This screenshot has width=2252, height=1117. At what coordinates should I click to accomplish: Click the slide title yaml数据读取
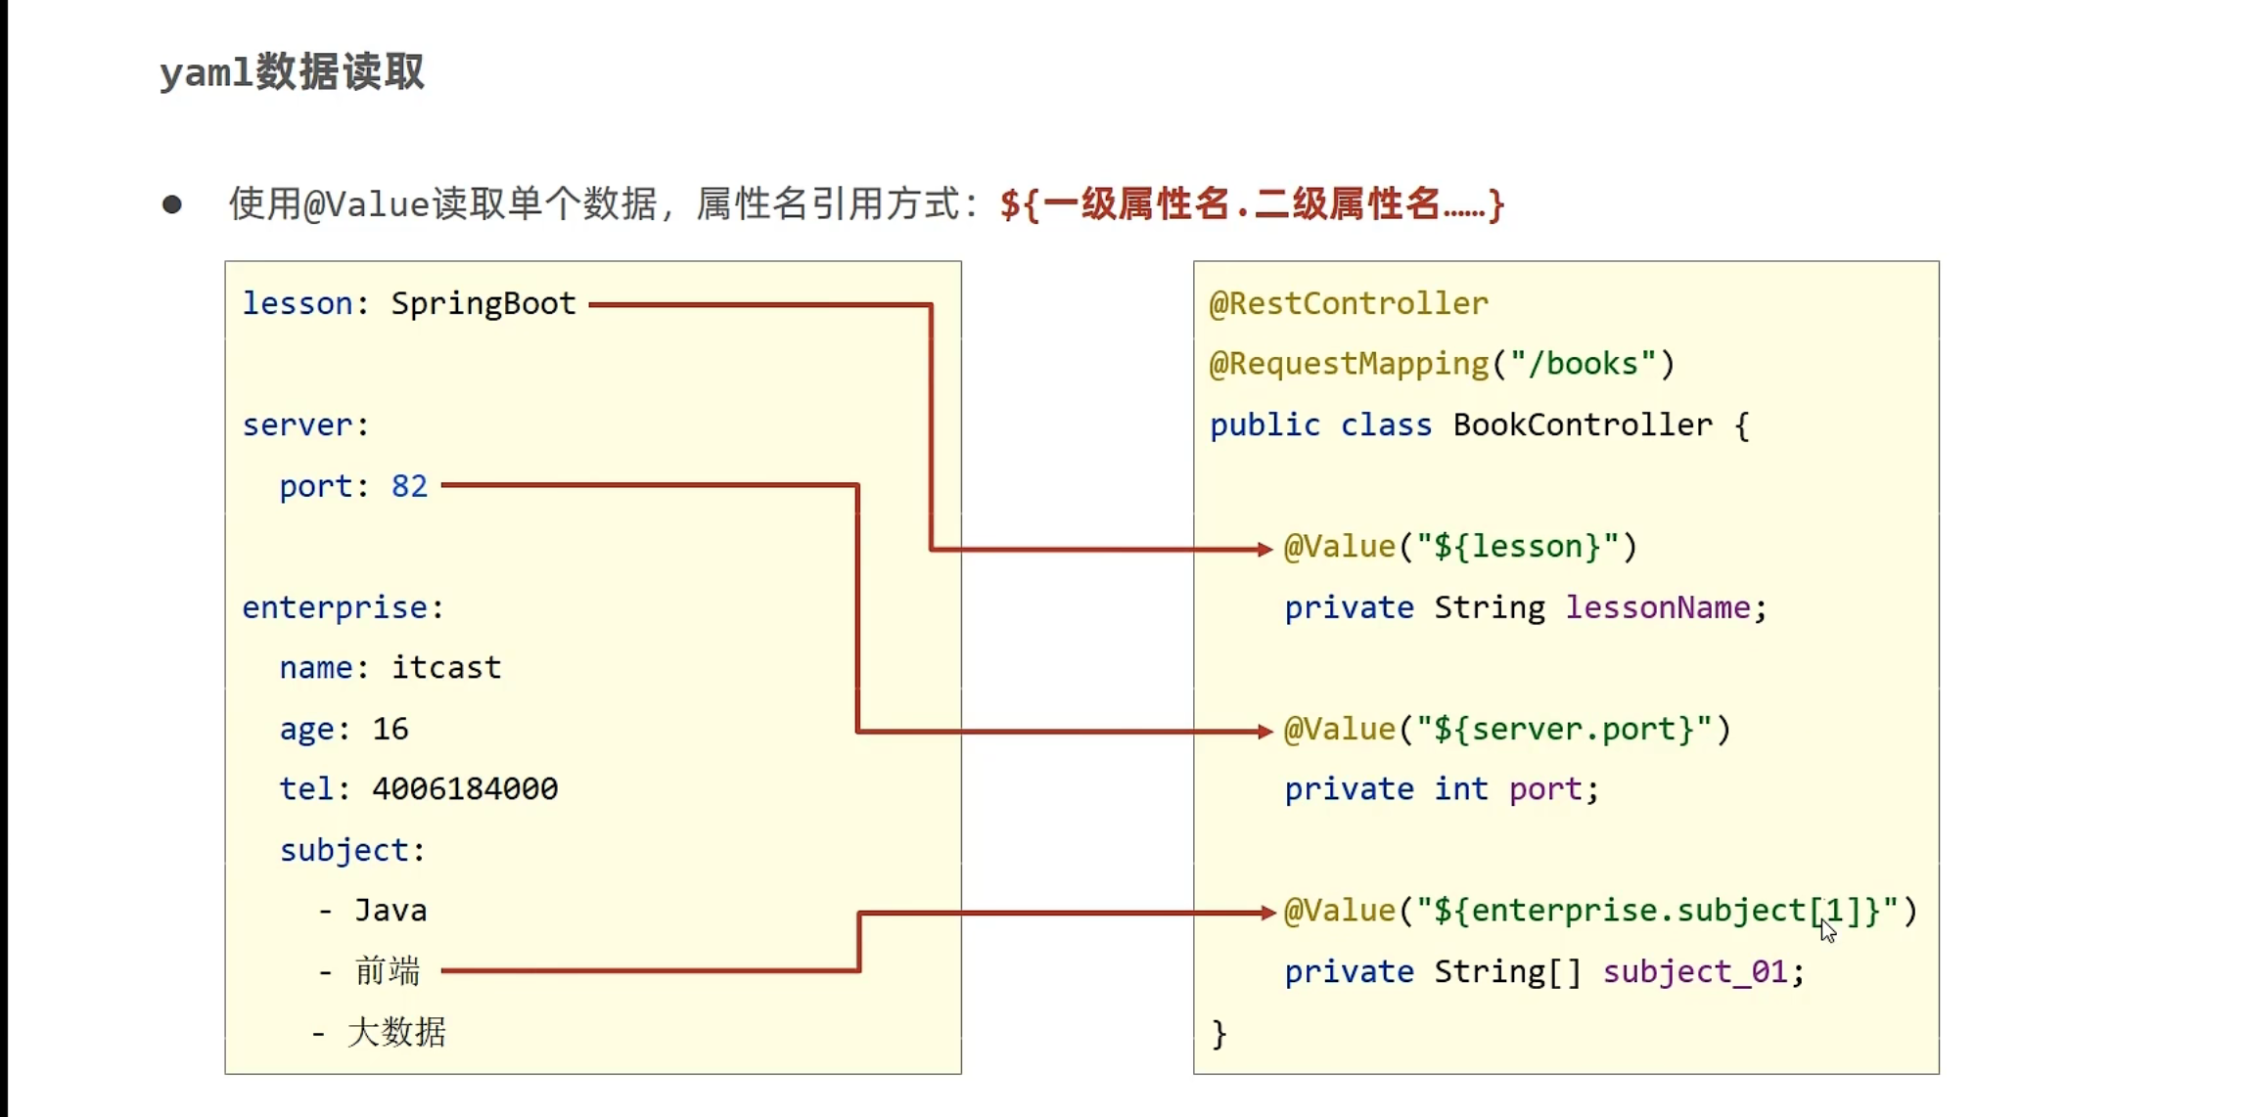pyautogui.click(x=292, y=72)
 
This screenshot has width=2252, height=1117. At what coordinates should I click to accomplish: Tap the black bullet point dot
pyautogui.click(x=172, y=204)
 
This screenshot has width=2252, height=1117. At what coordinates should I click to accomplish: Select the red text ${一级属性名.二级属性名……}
pyautogui.click(x=1252, y=204)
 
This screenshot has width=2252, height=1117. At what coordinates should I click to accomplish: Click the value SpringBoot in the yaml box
pyautogui.click(x=483, y=304)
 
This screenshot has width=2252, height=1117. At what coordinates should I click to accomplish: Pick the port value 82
pyautogui.click(x=409, y=486)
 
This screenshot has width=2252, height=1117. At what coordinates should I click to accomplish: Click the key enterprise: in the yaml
pyautogui.click(x=343, y=607)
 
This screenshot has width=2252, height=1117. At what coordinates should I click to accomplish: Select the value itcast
pyautogui.click(x=446, y=668)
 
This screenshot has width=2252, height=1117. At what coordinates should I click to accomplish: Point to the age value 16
pyautogui.click(x=390, y=729)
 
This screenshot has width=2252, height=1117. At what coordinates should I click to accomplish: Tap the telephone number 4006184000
pyautogui.click(x=465, y=789)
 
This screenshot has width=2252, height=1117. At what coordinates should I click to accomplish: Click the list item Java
pyautogui.click(x=391, y=911)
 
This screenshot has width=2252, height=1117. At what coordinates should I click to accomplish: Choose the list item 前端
pyautogui.click(x=388, y=971)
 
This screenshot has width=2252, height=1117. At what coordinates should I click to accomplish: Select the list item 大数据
pyautogui.click(x=396, y=1032)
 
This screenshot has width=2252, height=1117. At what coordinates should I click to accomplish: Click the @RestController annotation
pyautogui.click(x=1348, y=304)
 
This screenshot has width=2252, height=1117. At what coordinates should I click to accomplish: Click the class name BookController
pyautogui.click(x=1583, y=425)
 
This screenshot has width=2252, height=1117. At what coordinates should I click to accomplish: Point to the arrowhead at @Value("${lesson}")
pyautogui.click(x=1265, y=549)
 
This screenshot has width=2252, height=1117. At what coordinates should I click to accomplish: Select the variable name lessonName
pyautogui.click(x=1658, y=607)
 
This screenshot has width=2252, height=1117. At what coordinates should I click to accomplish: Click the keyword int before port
pyautogui.click(x=1461, y=789)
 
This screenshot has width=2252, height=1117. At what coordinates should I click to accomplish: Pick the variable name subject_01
pyautogui.click(x=1695, y=971)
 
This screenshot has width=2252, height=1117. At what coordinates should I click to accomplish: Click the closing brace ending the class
pyautogui.click(x=1219, y=1033)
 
